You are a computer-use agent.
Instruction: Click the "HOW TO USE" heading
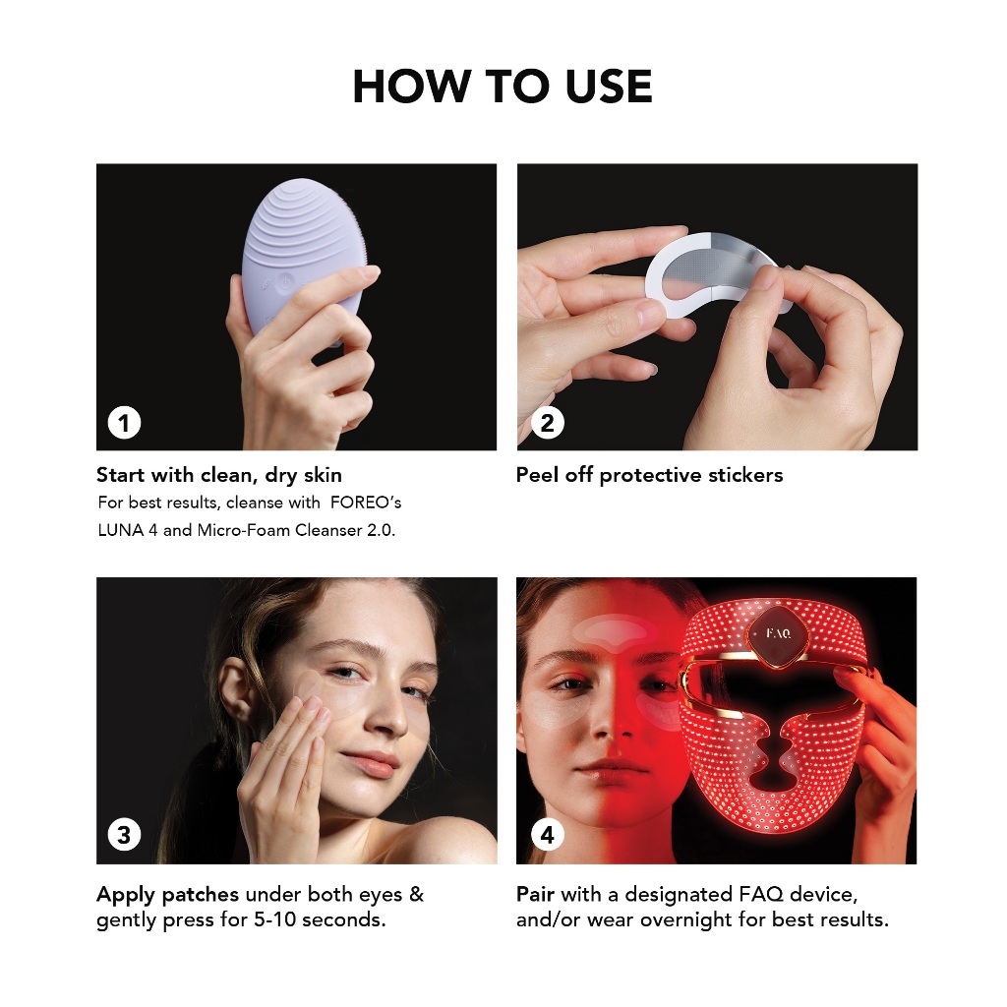pos(503,87)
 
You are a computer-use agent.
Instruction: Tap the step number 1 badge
pos(125,423)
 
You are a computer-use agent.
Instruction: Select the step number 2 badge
pos(547,423)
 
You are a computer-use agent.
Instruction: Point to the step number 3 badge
pos(125,834)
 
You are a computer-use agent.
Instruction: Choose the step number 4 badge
pos(547,834)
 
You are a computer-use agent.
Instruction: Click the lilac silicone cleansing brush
pos(299,257)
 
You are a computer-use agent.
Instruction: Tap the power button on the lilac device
pos(284,282)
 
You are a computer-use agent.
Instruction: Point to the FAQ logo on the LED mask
pos(779,634)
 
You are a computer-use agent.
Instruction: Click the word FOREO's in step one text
pos(366,503)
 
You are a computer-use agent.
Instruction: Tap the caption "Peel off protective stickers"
pos(649,475)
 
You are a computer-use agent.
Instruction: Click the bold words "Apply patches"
pos(167,894)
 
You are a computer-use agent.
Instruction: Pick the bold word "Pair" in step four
pos(536,894)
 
